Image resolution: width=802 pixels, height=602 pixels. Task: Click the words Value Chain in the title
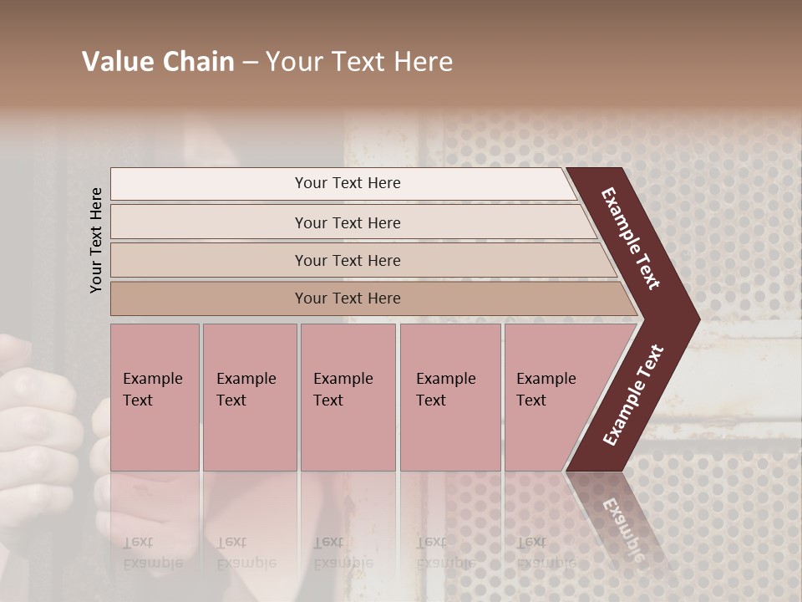tap(158, 62)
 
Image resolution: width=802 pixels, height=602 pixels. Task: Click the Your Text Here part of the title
tap(359, 62)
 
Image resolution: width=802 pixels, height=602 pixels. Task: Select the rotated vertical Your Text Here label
tap(97, 240)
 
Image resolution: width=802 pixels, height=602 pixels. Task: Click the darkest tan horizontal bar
tap(209, 298)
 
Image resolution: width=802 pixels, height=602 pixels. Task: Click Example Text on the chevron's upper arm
tap(631, 238)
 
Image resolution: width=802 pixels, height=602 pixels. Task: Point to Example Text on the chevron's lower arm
tap(633, 395)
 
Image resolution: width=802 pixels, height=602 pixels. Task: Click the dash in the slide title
tap(250, 63)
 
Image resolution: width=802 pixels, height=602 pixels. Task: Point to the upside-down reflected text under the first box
tap(152, 553)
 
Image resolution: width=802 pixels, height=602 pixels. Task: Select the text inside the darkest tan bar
tap(348, 298)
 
